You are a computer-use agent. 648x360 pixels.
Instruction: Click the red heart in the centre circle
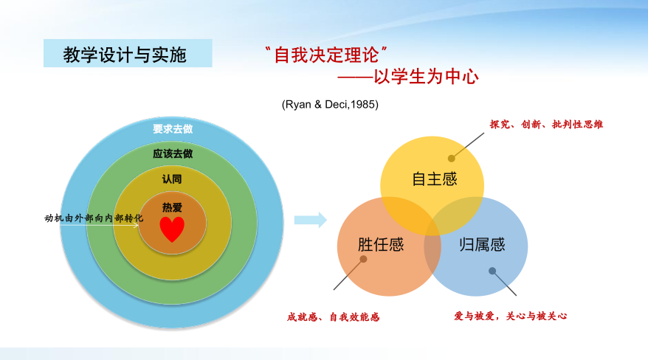pos(172,229)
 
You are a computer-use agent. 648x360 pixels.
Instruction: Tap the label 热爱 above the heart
pos(172,207)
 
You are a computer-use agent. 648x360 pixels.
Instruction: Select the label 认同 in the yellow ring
pos(172,179)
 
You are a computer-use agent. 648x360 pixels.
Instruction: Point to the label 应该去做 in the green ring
pos(173,154)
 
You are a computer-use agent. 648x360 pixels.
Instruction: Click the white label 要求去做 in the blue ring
pos(173,129)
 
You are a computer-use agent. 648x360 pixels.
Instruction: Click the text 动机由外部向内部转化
pos(94,218)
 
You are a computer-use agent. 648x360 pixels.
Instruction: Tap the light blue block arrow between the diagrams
pos(311,220)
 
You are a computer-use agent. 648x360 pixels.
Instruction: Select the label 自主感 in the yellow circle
pos(435,179)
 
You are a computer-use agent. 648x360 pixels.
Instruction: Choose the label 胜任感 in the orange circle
pos(381,245)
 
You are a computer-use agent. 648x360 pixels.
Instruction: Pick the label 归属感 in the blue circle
pos(482,245)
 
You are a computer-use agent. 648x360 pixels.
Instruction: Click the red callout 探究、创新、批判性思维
pos(546,124)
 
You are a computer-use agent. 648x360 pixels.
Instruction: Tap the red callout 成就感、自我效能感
pos(333,317)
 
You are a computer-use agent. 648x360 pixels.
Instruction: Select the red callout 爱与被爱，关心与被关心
pos(511,316)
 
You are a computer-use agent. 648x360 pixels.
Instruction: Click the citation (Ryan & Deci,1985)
pos(330,105)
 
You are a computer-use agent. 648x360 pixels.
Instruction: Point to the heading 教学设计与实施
pos(125,55)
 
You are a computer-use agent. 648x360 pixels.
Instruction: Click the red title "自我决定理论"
pos(326,55)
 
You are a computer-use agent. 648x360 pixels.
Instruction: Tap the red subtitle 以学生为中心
pos(426,77)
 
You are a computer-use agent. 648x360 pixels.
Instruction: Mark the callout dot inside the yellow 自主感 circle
pos(451,158)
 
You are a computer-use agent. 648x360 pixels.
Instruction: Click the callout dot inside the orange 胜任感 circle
pos(363,259)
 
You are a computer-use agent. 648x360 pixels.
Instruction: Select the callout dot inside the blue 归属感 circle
pos(492,271)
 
